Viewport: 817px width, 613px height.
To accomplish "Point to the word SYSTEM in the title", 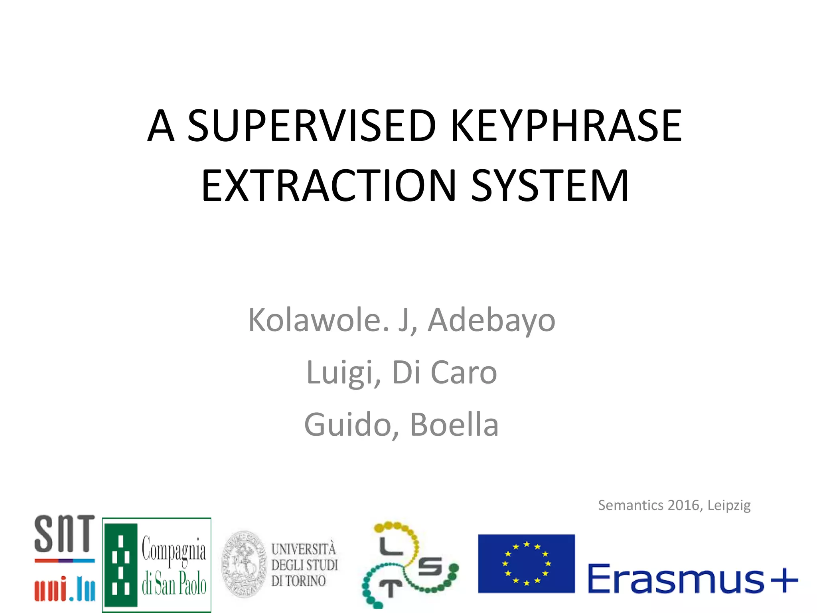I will click(x=550, y=186).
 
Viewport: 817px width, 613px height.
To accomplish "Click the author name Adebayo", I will click(x=491, y=320).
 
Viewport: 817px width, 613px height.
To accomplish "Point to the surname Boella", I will click(x=454, y=425).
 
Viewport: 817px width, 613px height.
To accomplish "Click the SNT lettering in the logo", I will click(x=65, y=534).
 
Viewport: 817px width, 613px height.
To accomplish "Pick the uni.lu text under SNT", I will click(x=65, y=591).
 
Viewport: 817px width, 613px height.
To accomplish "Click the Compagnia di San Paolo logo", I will click(x=156, y=565).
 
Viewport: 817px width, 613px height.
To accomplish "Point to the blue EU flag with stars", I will click(x=526, y=564).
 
